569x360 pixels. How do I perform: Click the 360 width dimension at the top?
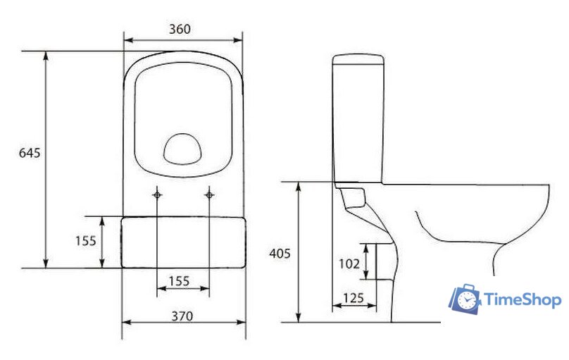click(x=180, y=29)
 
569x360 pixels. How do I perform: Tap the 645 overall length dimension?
click(x=30, y=153)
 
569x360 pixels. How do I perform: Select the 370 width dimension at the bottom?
click(x=182, y=316)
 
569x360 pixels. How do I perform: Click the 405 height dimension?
click(x=280, y=254)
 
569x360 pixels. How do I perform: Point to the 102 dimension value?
click(x=349, y=263)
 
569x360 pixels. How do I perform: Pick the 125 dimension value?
click(x=354, y=298)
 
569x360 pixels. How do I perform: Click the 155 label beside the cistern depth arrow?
click(x=86, y=241)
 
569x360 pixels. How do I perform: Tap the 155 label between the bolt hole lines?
click(x=180, y=281)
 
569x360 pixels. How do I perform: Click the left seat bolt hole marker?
click(x=157, y=195)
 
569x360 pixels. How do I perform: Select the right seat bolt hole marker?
click(x=209, y=195)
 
